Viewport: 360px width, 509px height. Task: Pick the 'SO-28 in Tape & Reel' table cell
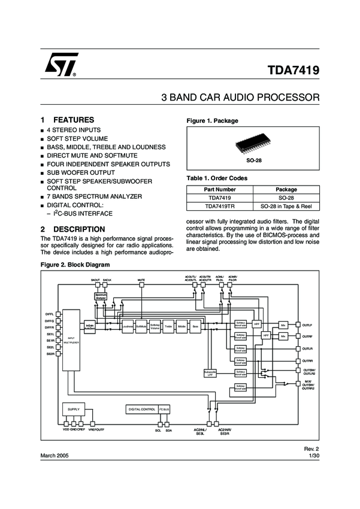[286, 207]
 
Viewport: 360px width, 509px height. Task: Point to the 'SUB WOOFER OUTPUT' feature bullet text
[80, 172]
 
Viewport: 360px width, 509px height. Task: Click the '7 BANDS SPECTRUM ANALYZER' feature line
[94, 196]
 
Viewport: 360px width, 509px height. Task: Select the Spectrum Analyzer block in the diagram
[100, 296]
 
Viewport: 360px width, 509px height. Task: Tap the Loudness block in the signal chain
[128, 326]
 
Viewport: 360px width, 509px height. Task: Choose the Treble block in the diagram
[168, 326]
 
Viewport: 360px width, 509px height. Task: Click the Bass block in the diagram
[195, 326]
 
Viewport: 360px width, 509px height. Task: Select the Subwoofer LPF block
[210, 373]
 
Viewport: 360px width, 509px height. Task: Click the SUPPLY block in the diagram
[74, 409]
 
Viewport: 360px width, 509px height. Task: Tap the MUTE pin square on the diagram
[141, 285]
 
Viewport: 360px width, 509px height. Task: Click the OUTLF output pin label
[307, 325]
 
